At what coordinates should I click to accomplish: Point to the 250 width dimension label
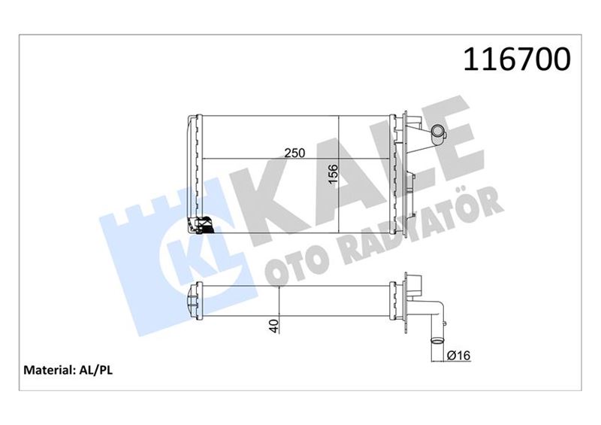(x=294, y=152)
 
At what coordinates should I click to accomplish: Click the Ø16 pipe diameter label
(x=459, y=354)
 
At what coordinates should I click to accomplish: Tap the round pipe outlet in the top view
(x=436, y=135)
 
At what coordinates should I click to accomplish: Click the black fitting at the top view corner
(x=201, y=225)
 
